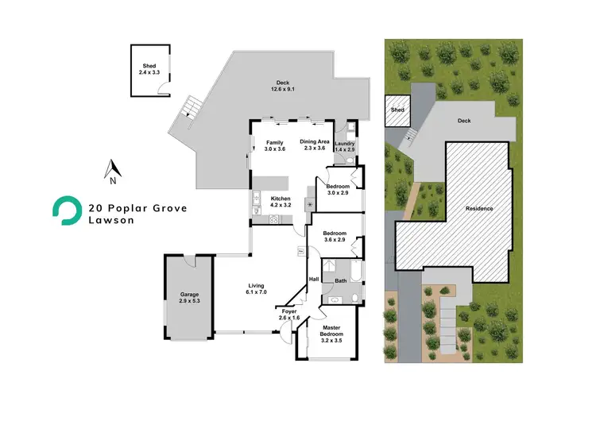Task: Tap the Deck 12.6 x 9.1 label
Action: pyautogui.click(x=284, y=86)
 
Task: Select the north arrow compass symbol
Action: pyautogui.click(x=113, y=168)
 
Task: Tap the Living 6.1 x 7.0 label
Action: pyautogui.click(x=255, y=289)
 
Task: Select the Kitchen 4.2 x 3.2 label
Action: pyautogui.click(x=282, y=202)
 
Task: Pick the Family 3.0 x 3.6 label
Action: pyautogui.click(x=273, y=145)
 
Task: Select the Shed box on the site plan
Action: pyautogui.click(x=397, y=112)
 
